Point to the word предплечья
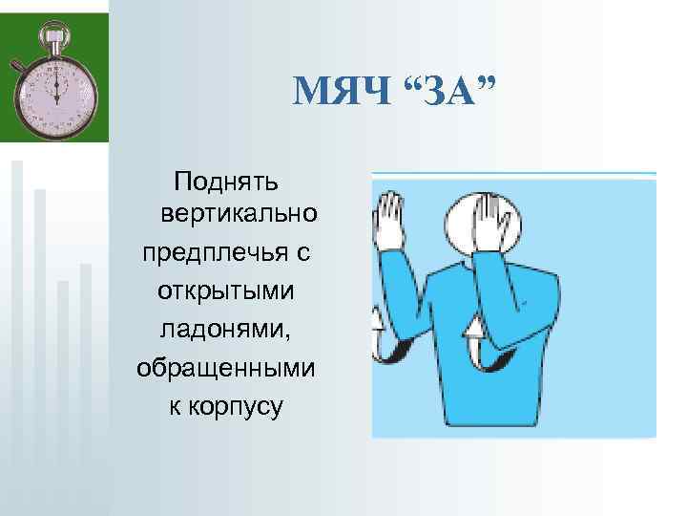coord(215,255)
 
